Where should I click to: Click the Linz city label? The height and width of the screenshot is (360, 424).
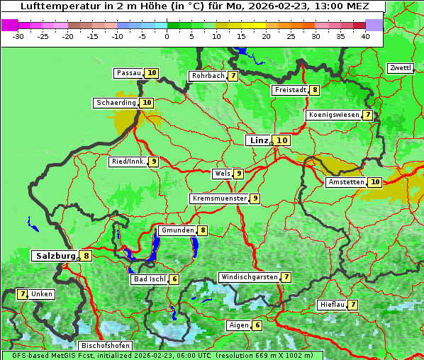tap(259, 140)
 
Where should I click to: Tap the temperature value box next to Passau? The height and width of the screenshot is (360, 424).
tap(152, 73)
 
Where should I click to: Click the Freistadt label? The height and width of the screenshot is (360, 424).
tap(290, 90)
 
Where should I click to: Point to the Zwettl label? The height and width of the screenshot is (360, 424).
tap(400, 68)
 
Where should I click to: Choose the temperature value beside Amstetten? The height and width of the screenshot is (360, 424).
tap(375, 182)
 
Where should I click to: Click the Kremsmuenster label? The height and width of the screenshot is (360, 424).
tap(219, 198)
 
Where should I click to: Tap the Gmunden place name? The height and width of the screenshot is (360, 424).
tap(177, 230)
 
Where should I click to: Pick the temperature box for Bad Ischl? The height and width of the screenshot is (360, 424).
tap(174, 279)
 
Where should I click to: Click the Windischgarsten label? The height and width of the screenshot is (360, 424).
tap(248, 277)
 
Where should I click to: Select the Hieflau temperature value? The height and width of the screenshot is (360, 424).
tap(353, 305)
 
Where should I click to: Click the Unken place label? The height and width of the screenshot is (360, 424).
tap(42, 294)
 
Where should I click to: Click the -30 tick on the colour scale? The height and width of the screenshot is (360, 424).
tap(19, 36)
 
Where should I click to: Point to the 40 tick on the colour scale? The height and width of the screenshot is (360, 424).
tap(365, 36)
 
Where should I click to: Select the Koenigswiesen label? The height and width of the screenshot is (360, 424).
tap(334, 115)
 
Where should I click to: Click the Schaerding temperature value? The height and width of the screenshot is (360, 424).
tap(147, 103)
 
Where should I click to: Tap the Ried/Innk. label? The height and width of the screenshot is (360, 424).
tap(128, 162)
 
